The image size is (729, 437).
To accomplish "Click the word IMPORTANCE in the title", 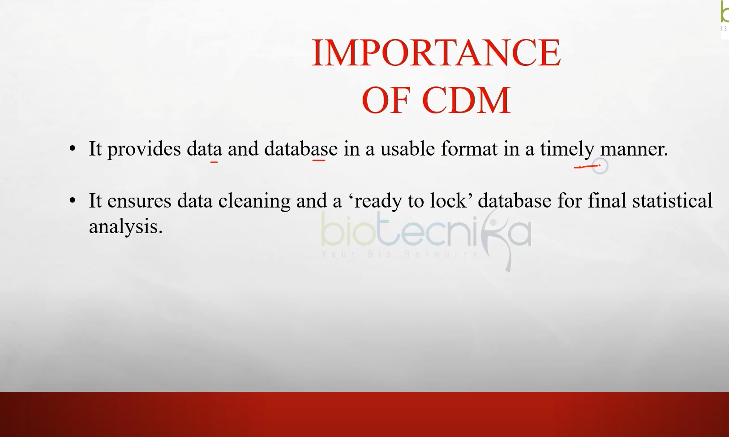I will [436, 53].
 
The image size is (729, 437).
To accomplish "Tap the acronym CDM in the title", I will [466, 100].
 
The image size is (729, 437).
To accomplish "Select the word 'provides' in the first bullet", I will [144, 149].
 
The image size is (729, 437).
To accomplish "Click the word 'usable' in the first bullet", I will [407, 149].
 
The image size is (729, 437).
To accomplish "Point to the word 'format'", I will [469, 149].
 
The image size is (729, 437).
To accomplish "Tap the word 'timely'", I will [567, 149].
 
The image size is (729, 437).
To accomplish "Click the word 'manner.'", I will [634, 149].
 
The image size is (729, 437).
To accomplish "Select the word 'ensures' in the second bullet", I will [139, 201].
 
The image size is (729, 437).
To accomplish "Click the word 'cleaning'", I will [254, 201].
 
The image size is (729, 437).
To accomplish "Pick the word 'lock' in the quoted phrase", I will [448, 201].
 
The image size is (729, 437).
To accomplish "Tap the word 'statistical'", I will [672, 201].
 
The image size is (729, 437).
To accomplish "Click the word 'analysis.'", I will [125, 227].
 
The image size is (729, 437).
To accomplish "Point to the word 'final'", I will [607, 201].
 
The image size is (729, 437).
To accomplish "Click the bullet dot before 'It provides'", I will [73, 148].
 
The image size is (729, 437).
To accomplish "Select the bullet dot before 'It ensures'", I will [73, 200].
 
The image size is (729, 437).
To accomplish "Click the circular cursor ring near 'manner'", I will [600, 166].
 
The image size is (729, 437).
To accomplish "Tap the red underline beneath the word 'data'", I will [214, 161].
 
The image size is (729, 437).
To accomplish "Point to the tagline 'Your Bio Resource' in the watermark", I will [400, 255].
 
